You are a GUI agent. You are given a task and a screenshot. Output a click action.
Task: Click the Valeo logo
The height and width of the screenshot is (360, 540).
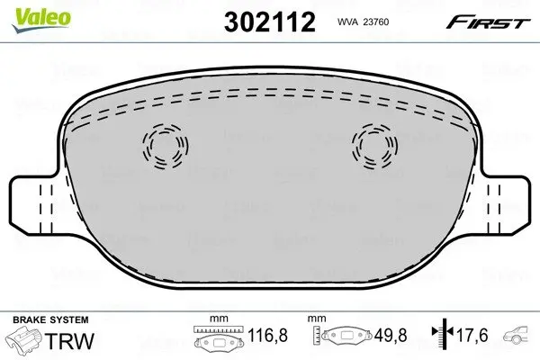pos(41,20)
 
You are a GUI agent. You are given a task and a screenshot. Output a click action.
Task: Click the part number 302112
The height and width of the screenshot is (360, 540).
pos(270,22)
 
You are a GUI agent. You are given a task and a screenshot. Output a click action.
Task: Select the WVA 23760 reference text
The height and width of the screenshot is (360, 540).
pos(363,22)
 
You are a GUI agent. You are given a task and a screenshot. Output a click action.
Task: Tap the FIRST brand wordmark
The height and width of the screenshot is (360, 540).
pos(488,22)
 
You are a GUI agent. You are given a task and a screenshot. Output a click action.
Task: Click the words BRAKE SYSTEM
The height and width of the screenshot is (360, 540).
pos(50,319)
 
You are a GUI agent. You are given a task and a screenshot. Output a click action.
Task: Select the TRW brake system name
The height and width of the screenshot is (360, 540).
pos(69,341)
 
